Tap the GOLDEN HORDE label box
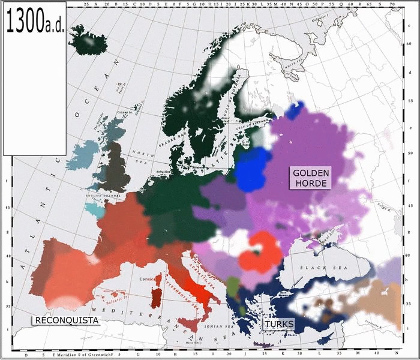pyautogui.click(x=310, y=178)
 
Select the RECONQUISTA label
pyautogui.click(x=66, y=320)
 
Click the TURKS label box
pyautogui.click(x=279, y=324)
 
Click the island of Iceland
pyautogui.click(x=88, y=41)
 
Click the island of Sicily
pyautogui.click(x=191, y=325)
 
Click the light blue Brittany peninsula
pyautogui.click(x=95, y=209)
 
